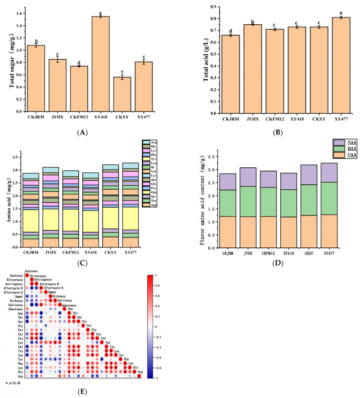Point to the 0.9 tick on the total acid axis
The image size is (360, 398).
(211, 7)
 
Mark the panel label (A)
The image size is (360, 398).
(81, 133)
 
